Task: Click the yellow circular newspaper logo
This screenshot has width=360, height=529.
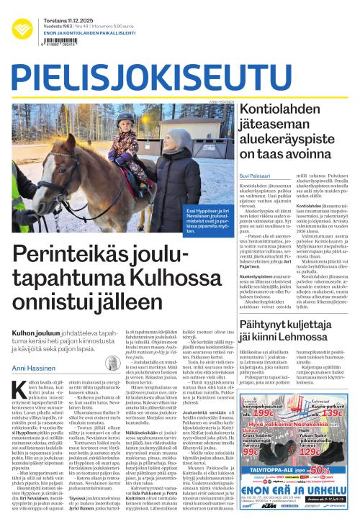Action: [x=22, y=30]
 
